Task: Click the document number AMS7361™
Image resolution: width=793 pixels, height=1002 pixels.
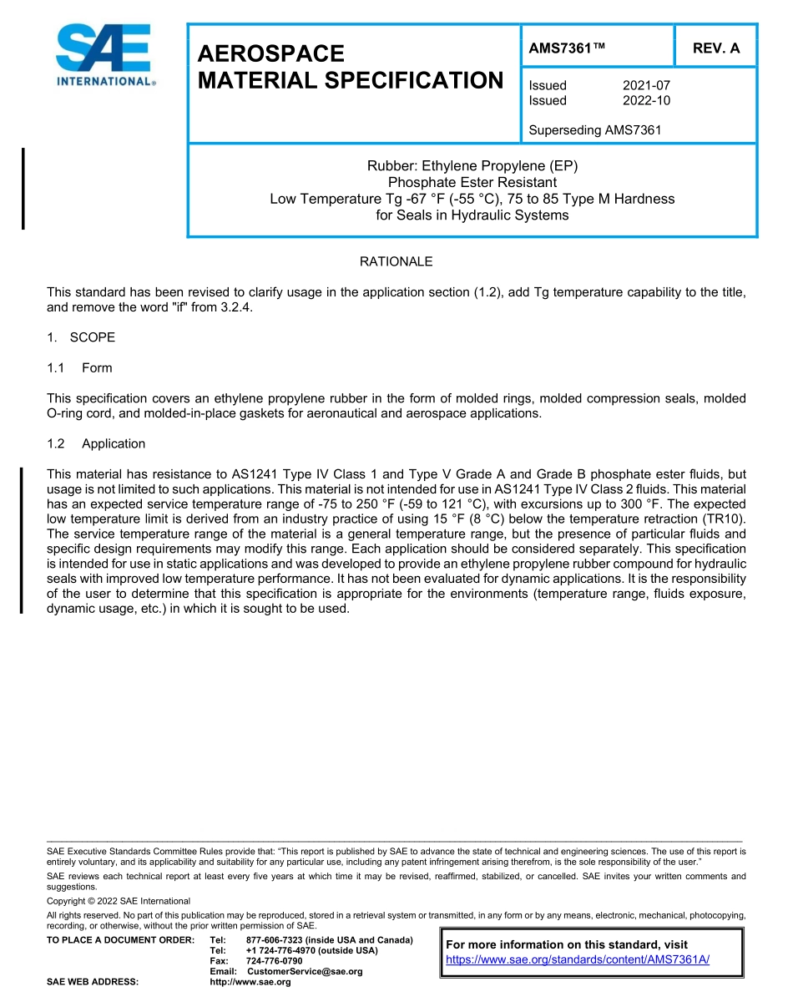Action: [567, 48]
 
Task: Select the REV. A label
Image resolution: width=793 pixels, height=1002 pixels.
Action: [716, 48]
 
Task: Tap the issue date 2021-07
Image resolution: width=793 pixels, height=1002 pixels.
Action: [646, 85]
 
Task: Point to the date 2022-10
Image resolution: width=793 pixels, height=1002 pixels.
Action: [646, 100]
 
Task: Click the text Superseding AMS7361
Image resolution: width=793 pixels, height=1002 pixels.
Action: [595, 130]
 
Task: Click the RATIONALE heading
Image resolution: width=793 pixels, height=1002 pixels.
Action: [396, 261]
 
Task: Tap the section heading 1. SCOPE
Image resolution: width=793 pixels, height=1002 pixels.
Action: [81, 337]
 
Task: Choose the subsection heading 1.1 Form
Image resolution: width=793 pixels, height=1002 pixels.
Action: [80, 367]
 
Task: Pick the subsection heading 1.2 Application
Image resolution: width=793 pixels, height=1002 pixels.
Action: [96, 443]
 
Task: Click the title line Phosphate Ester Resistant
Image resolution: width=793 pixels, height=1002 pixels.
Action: [472, 182]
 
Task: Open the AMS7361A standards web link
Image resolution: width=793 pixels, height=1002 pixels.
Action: [578, 959]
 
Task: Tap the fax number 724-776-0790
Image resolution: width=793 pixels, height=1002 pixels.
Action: [275, 961]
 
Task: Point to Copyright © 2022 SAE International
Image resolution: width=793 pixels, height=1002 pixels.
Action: [119, 901]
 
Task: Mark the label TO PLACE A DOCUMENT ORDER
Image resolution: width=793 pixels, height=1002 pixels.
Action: [120, 940]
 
